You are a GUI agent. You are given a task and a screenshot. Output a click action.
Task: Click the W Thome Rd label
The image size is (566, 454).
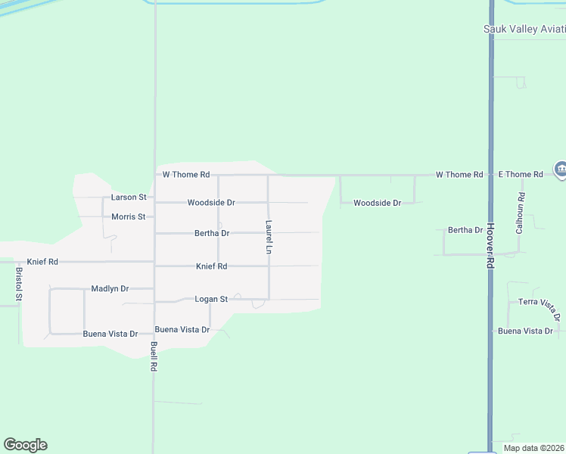click(x=185, y=175)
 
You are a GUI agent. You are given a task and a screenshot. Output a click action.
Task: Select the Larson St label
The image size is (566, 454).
click(x=129, y=197)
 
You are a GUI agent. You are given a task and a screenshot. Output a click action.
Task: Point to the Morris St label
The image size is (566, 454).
click(x=128, y=216)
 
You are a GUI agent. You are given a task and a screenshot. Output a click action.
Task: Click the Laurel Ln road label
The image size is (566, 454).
click(x=269, y=236)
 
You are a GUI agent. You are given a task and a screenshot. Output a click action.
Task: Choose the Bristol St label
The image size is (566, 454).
click(x=19, y=284)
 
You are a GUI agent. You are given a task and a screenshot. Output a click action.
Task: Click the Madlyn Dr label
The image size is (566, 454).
click(x=110, y=289)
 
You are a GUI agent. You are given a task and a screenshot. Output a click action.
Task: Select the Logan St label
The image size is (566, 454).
click(x=211, y=300)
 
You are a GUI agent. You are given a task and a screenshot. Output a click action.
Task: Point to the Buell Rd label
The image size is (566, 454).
click(x=154, y=356)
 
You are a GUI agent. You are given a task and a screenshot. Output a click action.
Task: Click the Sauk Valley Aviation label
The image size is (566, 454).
click(x=524, y=30)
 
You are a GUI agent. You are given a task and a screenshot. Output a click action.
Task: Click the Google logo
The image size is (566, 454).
click(x=25, y=445)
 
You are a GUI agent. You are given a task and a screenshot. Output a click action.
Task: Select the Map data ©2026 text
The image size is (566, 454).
click(x=533, y=448)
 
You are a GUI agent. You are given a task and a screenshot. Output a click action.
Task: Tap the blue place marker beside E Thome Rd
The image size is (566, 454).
click(x=561, y=169)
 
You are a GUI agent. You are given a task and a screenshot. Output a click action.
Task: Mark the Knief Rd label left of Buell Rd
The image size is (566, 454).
click(x=42, y=262)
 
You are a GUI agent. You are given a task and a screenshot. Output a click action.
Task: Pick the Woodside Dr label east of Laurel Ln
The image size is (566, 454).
click(x=377, y=204)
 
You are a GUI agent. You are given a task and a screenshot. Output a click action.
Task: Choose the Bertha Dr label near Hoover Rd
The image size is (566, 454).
click(x=465, y=230)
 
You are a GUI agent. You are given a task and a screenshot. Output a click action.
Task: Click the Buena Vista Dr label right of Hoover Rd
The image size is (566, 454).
click(x=526, y=331)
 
